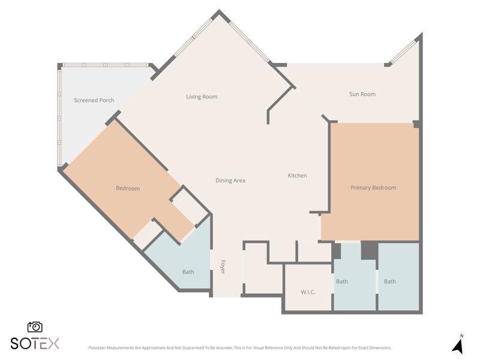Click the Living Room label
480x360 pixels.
[202, 97]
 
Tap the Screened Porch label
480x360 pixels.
[94, 100]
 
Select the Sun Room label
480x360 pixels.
[362, 94]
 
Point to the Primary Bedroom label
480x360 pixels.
[373, 188]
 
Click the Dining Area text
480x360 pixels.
[230, 181]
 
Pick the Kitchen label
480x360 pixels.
[297, 175]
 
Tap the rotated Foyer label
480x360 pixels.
[223, 267]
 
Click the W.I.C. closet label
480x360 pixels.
[308, 292]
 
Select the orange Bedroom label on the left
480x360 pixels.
[128, 188]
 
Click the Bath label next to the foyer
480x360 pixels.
[188, 272]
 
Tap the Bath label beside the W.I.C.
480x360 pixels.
[342, 281]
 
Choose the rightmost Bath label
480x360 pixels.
[389, 281]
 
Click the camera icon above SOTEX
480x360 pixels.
[35, 327]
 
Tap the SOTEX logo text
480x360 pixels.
[35, 343]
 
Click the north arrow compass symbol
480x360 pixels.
[458, 344]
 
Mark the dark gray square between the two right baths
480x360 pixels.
[370, 250]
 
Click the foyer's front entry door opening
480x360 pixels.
[227, 295]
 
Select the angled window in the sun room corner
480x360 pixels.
[404, 52]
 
